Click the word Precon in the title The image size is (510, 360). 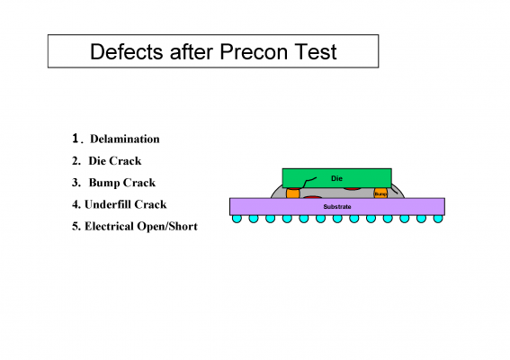(254, 52)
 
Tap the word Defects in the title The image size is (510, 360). (127, 52)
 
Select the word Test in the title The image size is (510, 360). (316, 52)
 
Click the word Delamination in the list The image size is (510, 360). (125, 139)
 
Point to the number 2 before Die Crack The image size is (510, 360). (76, 161)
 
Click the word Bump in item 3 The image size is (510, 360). (104, 183)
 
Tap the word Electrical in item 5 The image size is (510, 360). (109, 226)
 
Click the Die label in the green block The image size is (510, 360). (336, 178)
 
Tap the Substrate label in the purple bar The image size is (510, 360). (337, 207)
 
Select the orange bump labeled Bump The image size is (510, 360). (380, 193)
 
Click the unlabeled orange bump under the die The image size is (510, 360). (292, 193)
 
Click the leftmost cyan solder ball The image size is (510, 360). (237, 219)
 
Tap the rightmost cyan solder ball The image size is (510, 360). (438, 219)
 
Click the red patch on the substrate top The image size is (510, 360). (312, 197)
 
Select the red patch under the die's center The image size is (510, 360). (352, 189)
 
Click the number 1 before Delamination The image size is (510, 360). (76, 139)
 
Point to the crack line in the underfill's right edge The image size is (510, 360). (394, 190)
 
